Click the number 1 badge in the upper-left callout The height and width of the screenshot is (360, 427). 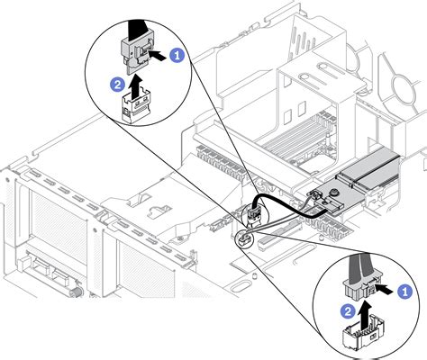tap(177, 56)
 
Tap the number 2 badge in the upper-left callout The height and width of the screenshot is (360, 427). tap(118, 85)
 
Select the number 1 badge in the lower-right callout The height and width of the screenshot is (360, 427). tap(404, 292)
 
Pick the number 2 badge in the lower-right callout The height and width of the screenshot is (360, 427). tap(348, 311)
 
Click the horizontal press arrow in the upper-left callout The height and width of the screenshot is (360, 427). tap(158, 56)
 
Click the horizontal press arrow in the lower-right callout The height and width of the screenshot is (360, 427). tap(385, 290)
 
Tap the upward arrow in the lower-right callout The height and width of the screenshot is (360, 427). tap(365, 311)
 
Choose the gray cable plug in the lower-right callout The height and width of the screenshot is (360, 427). tap(359, 288)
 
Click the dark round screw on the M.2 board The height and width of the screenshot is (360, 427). tap(332, 191)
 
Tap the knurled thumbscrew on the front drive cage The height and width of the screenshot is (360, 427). tap(77, 291)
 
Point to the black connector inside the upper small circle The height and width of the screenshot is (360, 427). tap(252, 213)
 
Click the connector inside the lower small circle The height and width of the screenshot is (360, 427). tap(245, 238)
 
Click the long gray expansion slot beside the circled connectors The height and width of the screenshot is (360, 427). tap(281, 235)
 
